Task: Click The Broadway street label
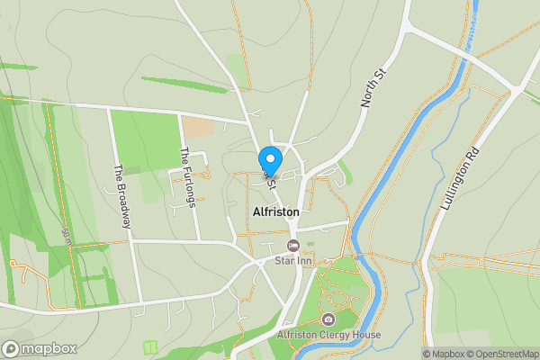(123, 195)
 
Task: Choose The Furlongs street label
(188, 177)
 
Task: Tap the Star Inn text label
(292, 261)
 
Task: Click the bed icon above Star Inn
(292, 246)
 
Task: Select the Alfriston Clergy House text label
(329, 336)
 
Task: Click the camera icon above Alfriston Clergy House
(328, 319)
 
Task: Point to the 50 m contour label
(67, 236)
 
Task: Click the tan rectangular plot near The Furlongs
(197, 127)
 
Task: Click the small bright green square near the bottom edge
(151, 346)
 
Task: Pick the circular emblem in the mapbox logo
(11, 348)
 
